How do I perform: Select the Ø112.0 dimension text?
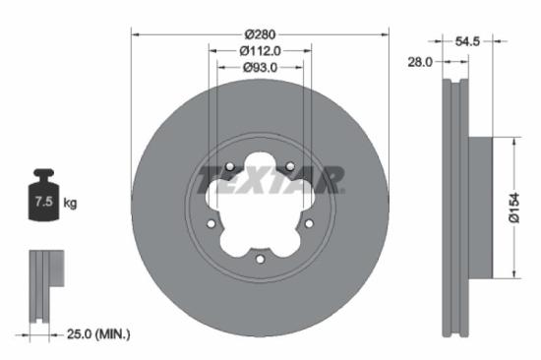(x=260, y=50)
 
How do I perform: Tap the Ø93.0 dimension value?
(x=260, y=67)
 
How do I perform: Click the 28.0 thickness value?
(x=420, y=61)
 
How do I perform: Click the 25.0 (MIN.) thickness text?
(x=97, y=335)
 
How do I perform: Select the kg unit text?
(x=70, y=203)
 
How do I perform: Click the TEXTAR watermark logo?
(x=270, y=180)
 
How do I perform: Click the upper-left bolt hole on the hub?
(x=228, y=167)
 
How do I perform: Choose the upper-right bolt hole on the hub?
(x=292, y=167)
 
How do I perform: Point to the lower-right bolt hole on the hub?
(x=310, y=225)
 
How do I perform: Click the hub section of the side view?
(x=479, y=206)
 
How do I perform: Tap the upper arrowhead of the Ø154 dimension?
(x=512, y=141)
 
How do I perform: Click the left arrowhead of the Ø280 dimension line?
(x=135, y=33)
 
